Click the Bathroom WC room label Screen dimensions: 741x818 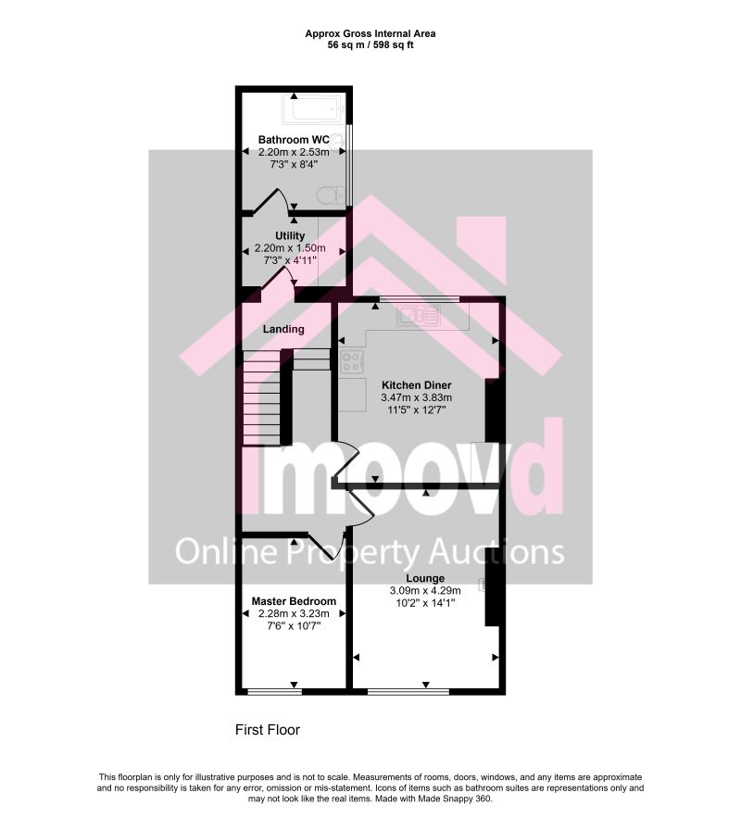(x=294, y=140)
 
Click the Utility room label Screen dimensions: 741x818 (x=290, y=236)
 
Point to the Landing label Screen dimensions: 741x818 (x=283, y=329)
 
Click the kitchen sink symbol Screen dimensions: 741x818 (x=419, y=315)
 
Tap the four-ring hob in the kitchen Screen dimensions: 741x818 (x=352, y=362)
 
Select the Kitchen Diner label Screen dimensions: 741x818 (x=417, y=385)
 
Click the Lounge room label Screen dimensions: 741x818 (x=425, y=578)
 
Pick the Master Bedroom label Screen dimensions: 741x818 (x=294, y=601)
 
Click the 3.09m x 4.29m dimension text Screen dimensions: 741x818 (x=425, y=590)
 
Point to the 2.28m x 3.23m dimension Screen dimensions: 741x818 (x=294, y=613)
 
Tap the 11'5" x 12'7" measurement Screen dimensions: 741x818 (x=417, y=410)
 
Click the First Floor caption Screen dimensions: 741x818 (x=268, y=729)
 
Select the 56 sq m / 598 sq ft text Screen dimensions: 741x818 (x=370, y=44)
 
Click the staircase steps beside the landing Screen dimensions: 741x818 (x=262, y=398)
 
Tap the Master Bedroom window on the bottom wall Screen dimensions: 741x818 (x=274, y=692)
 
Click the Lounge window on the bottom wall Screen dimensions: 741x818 (x=408, y=692)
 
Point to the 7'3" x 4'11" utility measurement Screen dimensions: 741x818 (x=290, y=260)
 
